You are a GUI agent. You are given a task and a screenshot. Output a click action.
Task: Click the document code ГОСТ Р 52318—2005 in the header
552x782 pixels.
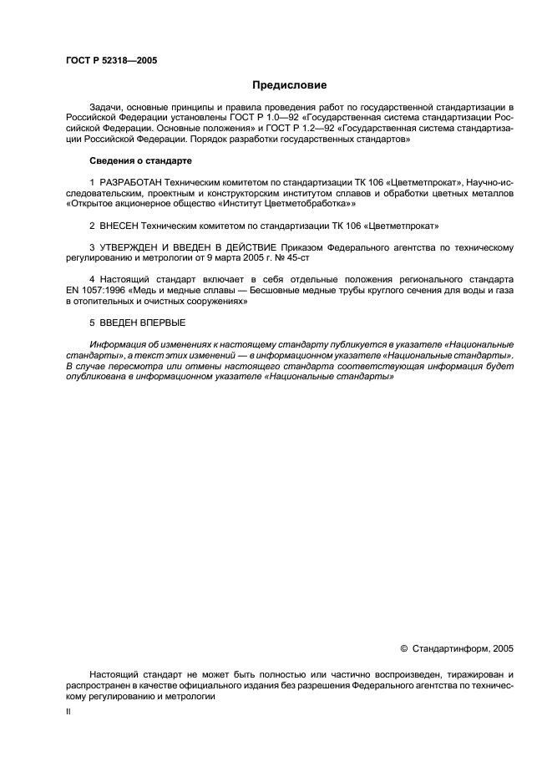[x=110, y=61]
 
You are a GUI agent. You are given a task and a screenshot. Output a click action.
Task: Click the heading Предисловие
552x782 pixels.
[x=290, y=85]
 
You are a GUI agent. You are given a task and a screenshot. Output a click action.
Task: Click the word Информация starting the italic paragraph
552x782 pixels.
[x=115, y=344]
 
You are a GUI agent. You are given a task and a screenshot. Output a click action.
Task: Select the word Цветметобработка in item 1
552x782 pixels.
[x=305, y=203]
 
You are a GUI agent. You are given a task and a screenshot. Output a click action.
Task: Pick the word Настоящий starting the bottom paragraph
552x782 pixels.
[x=114, y=673]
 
